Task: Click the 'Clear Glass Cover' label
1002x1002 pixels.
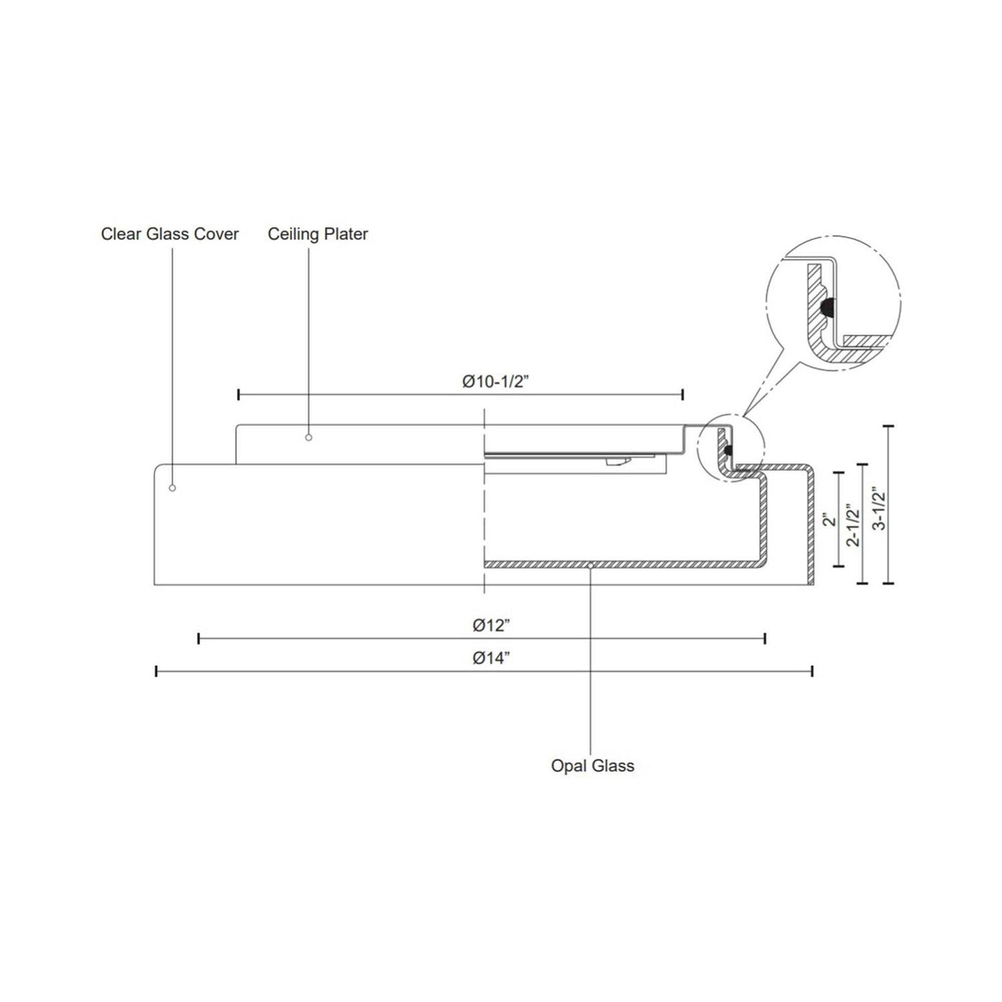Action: tap(170, 234)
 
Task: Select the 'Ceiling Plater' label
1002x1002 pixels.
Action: tap(318, 234)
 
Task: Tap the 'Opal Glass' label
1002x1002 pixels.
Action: tap(593, 766)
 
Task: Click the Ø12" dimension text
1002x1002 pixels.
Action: tap(492, 626)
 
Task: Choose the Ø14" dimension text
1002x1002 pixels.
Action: tap(492, 658)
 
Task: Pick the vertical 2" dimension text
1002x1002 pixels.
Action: tap(830, 519)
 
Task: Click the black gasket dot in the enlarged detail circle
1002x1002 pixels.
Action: tap(827, 308)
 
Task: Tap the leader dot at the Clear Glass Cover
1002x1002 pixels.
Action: tap(172, 488)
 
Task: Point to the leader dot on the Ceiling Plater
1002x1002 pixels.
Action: tap(309, 438)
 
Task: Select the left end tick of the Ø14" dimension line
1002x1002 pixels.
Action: tap(156, 671)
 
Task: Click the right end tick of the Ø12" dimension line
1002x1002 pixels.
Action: tap(765, 639)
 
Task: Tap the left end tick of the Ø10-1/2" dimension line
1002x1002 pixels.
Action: tap(238, 394)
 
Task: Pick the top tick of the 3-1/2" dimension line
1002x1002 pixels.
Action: tap(888, 426)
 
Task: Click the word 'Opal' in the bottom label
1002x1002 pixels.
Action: tap(566, 766)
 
